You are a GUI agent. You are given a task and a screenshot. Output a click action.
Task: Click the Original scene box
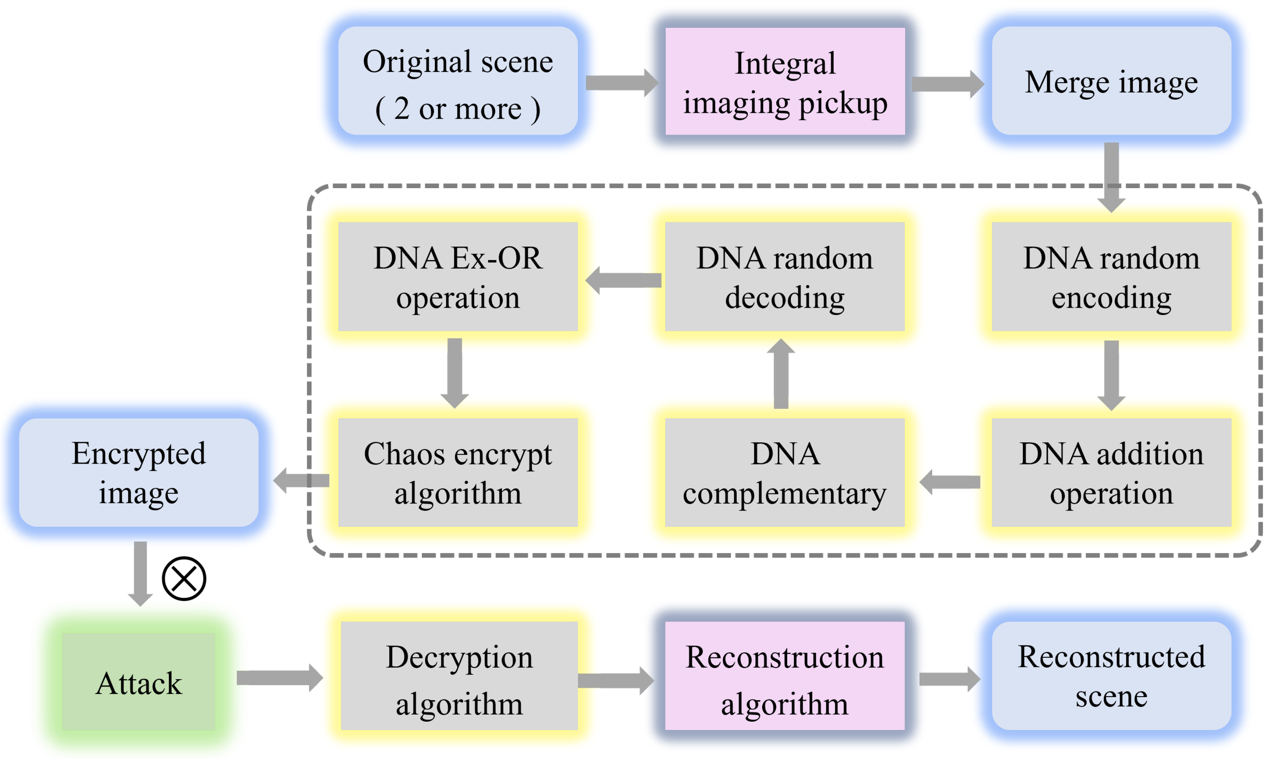[458, 81]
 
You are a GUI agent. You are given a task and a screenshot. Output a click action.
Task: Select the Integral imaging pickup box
[785, 81]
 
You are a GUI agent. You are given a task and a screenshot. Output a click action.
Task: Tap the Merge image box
[1111, 81]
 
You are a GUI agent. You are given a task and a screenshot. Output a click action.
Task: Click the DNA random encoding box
[1111, 277]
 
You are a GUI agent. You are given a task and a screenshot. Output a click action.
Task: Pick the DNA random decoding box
[784, 277]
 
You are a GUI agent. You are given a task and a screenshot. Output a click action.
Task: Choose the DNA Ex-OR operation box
[458, 277]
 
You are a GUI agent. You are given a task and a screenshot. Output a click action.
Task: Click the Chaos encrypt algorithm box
[458, 472]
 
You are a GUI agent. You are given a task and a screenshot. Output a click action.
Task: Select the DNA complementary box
[784, 472]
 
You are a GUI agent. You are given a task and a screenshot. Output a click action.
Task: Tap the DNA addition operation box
[1111, 472]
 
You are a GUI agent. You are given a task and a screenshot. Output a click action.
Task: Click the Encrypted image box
[139, 472]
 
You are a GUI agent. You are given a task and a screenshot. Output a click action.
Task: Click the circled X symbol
[184, 578]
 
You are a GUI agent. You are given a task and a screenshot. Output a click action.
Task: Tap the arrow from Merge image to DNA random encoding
[1111, 177]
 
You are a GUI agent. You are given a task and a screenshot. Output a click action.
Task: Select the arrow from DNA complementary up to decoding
[781, 374]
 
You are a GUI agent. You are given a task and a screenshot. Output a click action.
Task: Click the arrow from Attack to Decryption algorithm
[279, 678]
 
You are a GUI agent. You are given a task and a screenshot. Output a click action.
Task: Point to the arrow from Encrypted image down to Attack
[140, 573]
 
